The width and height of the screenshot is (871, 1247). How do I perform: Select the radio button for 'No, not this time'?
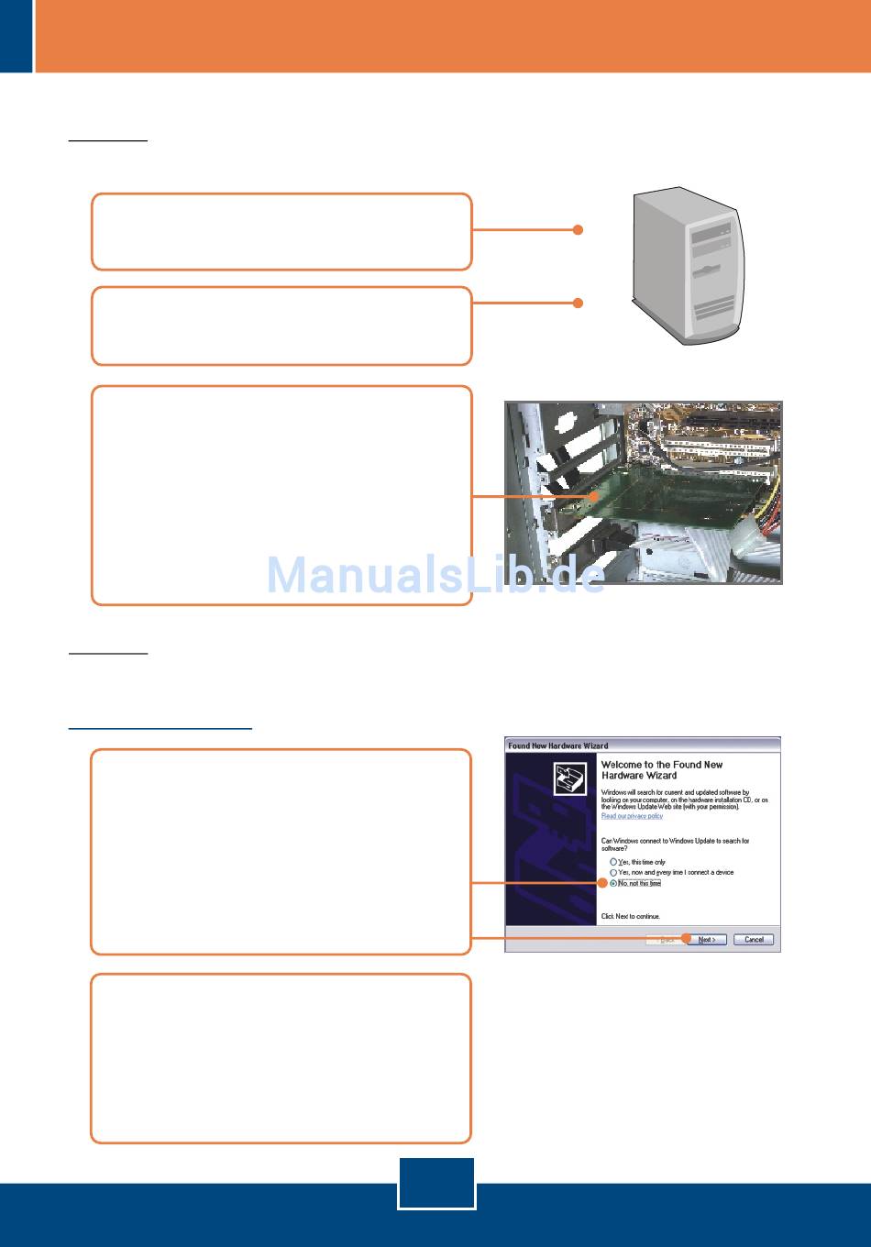[613, 884]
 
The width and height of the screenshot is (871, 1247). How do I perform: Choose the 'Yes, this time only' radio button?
[613, 862]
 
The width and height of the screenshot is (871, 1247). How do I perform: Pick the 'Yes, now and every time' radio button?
[613, 873]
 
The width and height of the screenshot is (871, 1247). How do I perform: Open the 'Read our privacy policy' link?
[632, 816]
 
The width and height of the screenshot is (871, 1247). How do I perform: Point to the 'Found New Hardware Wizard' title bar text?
[558, 745]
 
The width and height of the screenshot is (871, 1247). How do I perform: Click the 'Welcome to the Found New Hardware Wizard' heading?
[661, 769]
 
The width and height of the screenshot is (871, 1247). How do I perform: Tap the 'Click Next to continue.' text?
[630, 917]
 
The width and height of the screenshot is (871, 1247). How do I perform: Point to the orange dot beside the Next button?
[686, 938]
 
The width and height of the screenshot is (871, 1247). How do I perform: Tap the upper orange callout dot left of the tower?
[578, 230]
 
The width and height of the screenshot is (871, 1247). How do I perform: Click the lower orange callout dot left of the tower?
[578, 303]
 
